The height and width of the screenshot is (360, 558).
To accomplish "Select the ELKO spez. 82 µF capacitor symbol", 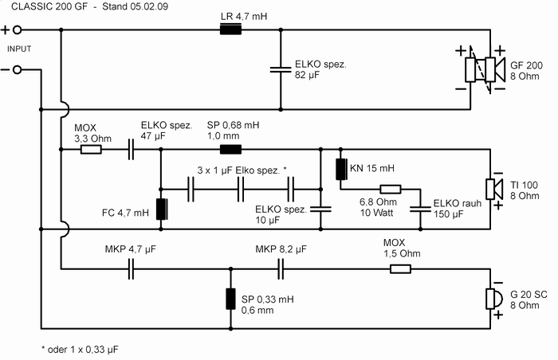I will [280, 69].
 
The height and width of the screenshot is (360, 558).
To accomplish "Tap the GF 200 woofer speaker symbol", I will [480, 69].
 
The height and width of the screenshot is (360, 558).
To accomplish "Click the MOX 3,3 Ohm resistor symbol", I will [91, 148].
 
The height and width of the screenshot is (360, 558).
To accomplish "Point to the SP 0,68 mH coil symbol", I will [230, 148].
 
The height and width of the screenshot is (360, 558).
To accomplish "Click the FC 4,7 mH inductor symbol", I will [161, 209].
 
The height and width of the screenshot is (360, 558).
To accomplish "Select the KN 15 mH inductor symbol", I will [340, 169].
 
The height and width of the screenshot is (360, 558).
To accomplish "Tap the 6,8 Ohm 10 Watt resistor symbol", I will [390, 190].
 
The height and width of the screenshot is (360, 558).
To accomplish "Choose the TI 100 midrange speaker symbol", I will [494, 189].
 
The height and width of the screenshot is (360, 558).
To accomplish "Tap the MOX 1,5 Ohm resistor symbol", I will [400, 269].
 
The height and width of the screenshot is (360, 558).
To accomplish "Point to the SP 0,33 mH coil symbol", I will [230, 299].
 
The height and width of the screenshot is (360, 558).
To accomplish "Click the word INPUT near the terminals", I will [18, 49].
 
